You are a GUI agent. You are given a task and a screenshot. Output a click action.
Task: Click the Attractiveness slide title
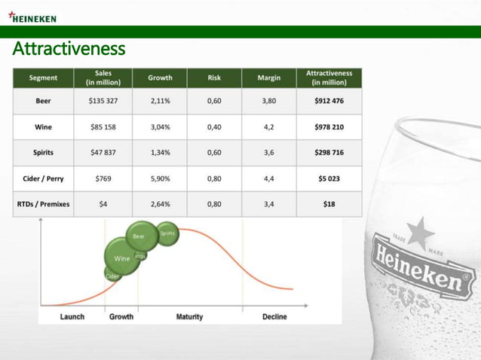pos(69,50)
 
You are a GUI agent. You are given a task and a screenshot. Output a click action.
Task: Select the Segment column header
pos(43,78)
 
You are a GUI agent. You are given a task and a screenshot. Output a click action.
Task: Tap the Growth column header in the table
pos(160,78)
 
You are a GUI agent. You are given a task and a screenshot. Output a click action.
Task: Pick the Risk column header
pos(214,78)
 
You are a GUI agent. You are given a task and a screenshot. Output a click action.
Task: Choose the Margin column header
pos(268,78)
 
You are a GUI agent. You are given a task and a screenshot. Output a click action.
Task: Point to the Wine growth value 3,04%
pos(160,127)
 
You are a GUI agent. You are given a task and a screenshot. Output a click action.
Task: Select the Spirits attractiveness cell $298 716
pos(329,153)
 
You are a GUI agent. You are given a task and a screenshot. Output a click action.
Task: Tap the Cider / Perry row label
pos(43,178)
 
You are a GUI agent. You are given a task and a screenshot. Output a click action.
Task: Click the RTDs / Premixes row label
pos(43,204)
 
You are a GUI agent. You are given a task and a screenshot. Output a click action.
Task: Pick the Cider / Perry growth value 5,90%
pos(160,178)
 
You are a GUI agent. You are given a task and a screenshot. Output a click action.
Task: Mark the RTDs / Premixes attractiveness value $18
pos(329,204)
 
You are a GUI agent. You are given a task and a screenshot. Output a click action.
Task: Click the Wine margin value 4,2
pos(268,127)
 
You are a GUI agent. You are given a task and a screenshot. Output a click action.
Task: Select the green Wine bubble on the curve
pos(121,258)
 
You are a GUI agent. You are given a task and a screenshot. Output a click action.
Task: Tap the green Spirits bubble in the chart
pos(167,233)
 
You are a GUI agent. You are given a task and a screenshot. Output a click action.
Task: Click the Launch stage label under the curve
pos(72,317)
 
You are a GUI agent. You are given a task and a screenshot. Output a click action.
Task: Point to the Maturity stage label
pos(189,317)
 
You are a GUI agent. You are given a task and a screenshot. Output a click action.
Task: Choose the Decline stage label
pos(274,317)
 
